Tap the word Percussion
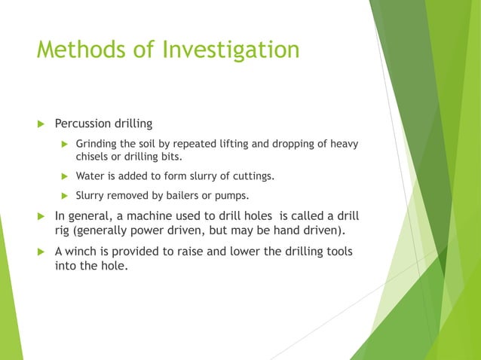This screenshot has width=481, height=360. [x=84, y=123]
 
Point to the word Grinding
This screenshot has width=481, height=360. [x=97, y=144]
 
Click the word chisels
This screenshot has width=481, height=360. [x=93, y=157]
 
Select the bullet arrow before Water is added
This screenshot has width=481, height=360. [x=65, y=177]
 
